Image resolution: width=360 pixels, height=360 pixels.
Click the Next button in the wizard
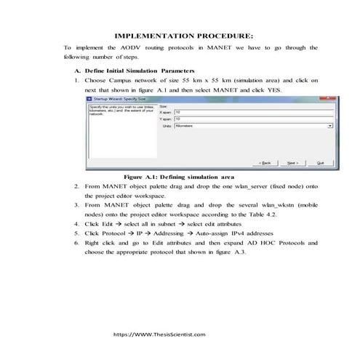point(291,163)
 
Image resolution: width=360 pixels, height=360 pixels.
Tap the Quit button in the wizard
point(320,163)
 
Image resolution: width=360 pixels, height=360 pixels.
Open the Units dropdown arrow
point(330,126)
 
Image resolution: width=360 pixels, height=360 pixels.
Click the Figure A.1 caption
point(178,177)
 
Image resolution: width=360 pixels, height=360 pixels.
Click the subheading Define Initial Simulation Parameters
point(124,70)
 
